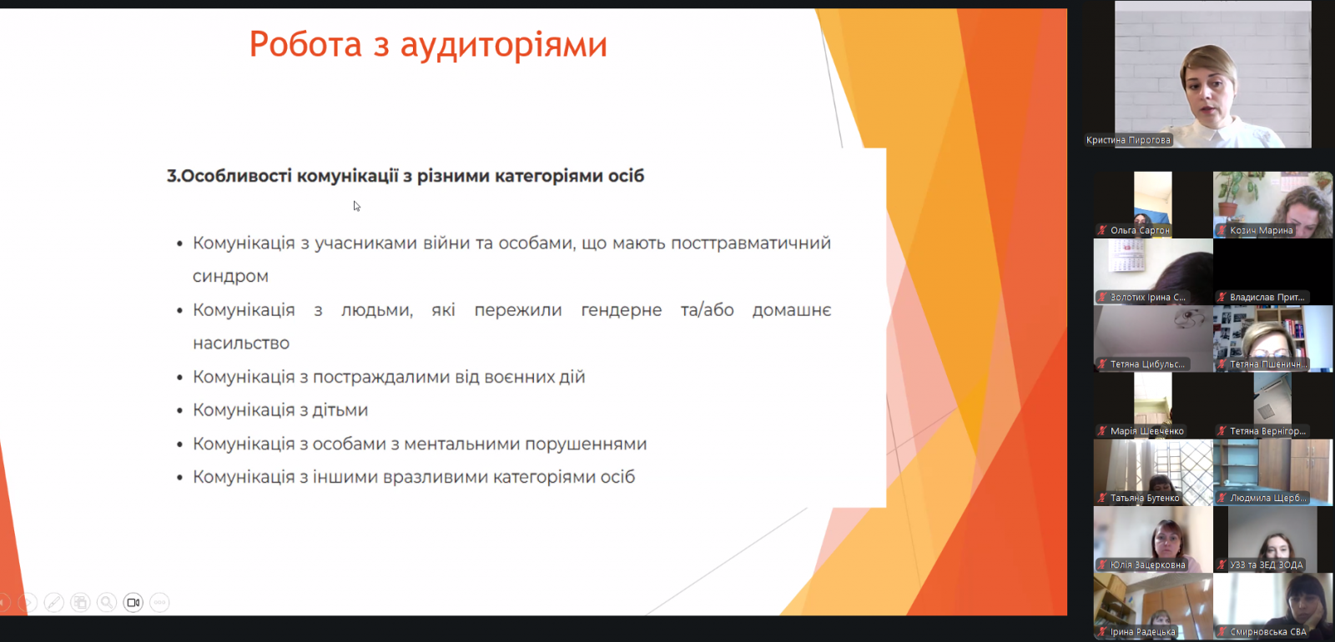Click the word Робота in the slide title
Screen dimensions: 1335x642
(x=305, y=44)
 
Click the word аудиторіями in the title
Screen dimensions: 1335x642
(x=504, y=45)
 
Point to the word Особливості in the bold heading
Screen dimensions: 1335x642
(x=237, y=176)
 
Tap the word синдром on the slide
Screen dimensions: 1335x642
(x=230, y=276)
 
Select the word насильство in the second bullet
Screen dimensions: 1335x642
(x=241, y=343)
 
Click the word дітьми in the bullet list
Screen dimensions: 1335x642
(x=340, y=409)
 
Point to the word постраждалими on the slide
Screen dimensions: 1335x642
(x=381, y=377)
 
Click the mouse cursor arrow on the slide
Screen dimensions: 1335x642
(x=356, y=206)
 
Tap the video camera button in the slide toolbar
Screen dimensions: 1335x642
(x=133, y=603)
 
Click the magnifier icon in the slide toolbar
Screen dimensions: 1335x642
(x=107, y=603)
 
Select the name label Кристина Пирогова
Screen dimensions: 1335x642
(x=1128, y=140)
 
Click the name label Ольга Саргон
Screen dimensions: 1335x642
(x=1140, y=230)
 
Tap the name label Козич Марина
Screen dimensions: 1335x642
(x=1261, y=230)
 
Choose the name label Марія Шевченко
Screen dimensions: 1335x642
(x=1146, y=430)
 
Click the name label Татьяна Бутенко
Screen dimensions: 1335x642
(x=1144, y=498)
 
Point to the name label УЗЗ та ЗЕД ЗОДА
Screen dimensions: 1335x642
(x=1267, y=564)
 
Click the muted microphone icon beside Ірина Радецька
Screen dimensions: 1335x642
(x=1102, y=632)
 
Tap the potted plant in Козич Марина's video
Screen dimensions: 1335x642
(x=1230, y=194)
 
